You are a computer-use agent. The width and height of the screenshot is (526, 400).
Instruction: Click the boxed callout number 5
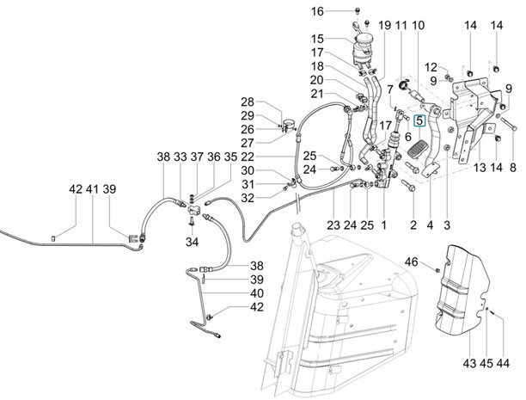click(419, 121)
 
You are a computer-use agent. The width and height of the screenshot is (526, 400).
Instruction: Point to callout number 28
click(248, 102)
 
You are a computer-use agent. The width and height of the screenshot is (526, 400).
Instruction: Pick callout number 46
click(411, 262)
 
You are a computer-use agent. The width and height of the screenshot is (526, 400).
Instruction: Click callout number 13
click(480, 167)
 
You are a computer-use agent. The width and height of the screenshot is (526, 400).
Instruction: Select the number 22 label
click(248, 157)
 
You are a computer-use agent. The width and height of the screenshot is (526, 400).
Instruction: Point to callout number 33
click(180, 157)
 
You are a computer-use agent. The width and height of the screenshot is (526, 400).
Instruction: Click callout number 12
click(430, 67)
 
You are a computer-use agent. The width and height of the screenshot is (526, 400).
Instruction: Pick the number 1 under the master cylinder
click(383, 225)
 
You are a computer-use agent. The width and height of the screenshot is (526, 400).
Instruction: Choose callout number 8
click(512, 167)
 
